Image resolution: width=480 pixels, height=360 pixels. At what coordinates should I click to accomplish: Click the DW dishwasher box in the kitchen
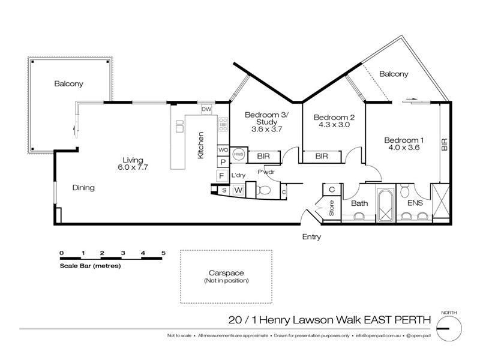[x=206, y=109]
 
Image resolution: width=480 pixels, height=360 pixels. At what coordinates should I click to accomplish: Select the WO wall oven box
[x=223, y=149]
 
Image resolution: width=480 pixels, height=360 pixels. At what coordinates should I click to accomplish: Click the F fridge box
[x=221, y=176]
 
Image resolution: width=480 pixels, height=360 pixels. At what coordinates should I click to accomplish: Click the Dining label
[x=83, y=188]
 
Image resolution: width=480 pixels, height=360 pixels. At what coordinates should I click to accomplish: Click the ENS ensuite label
[x=415, y=203]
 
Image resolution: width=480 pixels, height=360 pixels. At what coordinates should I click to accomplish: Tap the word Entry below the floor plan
[x=311, y=237]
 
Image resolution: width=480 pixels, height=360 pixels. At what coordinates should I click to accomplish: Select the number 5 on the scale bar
[x=163, y=253]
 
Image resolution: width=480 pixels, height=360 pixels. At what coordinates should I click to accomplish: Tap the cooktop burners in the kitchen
[x=223, y=125]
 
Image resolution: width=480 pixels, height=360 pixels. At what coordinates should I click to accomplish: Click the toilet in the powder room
[x=264, y=190]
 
